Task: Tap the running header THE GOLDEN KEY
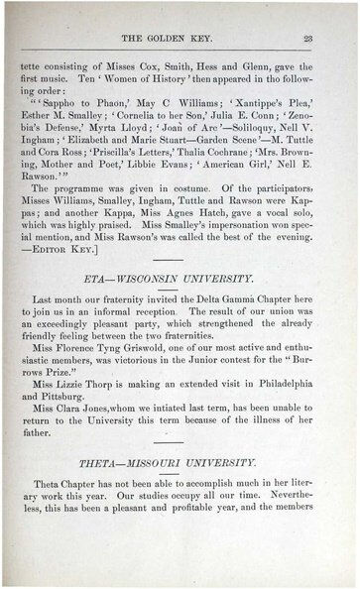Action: point(179,39)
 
